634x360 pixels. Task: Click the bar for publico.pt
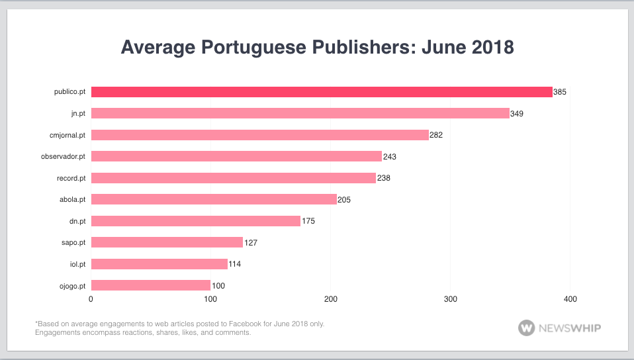click(322, 92)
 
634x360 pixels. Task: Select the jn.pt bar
click(300, 113)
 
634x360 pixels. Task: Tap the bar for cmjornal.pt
click(259, 135)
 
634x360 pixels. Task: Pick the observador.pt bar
click(236, 156)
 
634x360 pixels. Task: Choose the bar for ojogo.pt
click(150, 285)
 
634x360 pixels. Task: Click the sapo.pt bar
click(167, 242)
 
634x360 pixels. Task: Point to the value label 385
click(560, 92)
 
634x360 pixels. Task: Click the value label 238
click(384, 178)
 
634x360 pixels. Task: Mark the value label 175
click(308, 221)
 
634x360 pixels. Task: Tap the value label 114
click(234, 264)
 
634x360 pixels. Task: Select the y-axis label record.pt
click(71, 178)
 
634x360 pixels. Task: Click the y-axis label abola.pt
click(73, 199)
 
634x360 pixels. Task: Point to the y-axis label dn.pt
click(77, 221)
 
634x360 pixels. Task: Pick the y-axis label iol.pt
click(77, 264)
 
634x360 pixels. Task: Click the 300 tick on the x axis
click(451, 299)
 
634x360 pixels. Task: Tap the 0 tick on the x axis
click(91, 299)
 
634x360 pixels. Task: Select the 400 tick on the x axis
click(570, 299)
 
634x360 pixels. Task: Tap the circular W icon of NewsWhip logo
click(527, 328)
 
